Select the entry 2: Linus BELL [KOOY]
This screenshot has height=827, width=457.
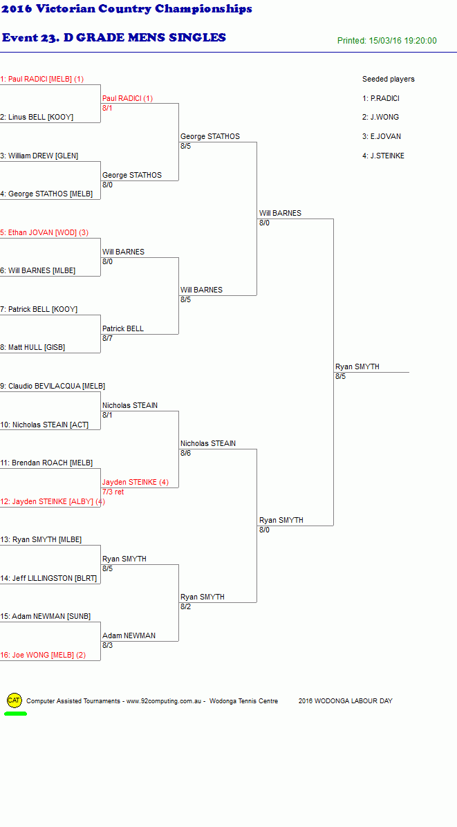coord(37,117)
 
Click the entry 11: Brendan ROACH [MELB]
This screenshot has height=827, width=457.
coord(46,463)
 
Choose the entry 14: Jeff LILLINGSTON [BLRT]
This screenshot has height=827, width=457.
coord(48,578)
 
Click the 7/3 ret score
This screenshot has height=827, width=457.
coord(113,492)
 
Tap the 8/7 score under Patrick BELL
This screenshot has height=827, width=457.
coord(108,338)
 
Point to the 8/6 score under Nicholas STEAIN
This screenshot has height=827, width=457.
coord(185,453)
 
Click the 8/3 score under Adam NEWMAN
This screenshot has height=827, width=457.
coord(108,645)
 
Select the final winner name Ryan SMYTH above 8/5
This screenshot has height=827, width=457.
coord(357,367)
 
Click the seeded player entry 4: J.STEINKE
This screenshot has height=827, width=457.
coord(383,156)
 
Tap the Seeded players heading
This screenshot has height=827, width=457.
coord(389,79)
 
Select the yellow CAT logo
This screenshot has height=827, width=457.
coord(15,700)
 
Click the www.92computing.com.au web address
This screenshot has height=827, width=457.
coord(164,701)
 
